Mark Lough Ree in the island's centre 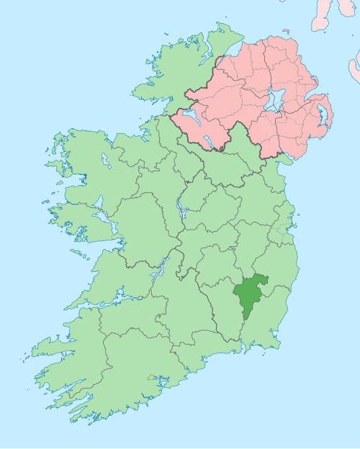tap(180, 209)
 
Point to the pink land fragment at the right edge tap(354, 68)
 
